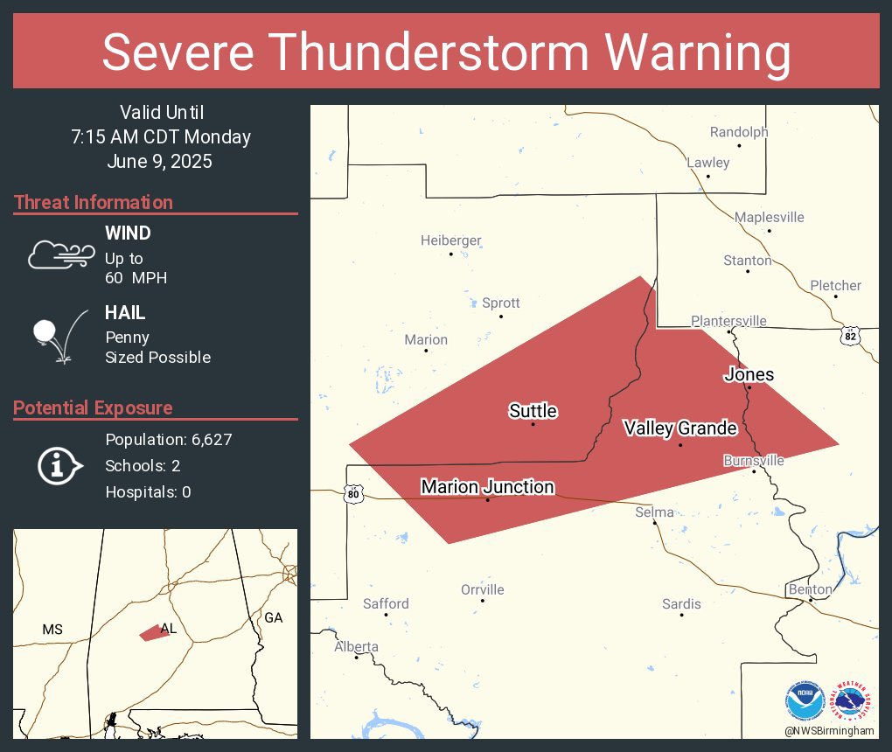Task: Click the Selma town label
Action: pyautogui.click(x=654, y=512)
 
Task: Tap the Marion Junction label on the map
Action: pyautogui.click(x=487, y=487)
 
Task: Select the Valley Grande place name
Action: pyautogui.click(x=679, y=428)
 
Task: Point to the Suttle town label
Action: pyautogui.click(x=533, y=411)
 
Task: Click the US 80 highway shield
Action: pyautogui.click(x=352, y=494)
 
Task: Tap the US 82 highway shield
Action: pyautogui.click(x=850, y=336)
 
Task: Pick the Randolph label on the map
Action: pyautogui.click(x=738, y=132)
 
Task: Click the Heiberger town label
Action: pyautogui.click(x=450, y=240)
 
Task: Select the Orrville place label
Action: pyautogui.click(x=482, y=589)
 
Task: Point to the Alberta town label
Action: pyautogui.click(x=356, y=647)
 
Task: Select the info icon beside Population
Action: pyautogui.click(x=59, y=465)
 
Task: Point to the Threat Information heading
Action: pyautogui.click(x=94, y=202)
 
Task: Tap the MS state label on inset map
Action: pyautogui.click(x=52, y=630)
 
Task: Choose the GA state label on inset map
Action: pyautogui.click(x=274, y=617)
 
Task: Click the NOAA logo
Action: pyautogui.click(x=805, y=701)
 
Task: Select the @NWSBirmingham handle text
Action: pyautogui.click(x=829, y=730)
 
